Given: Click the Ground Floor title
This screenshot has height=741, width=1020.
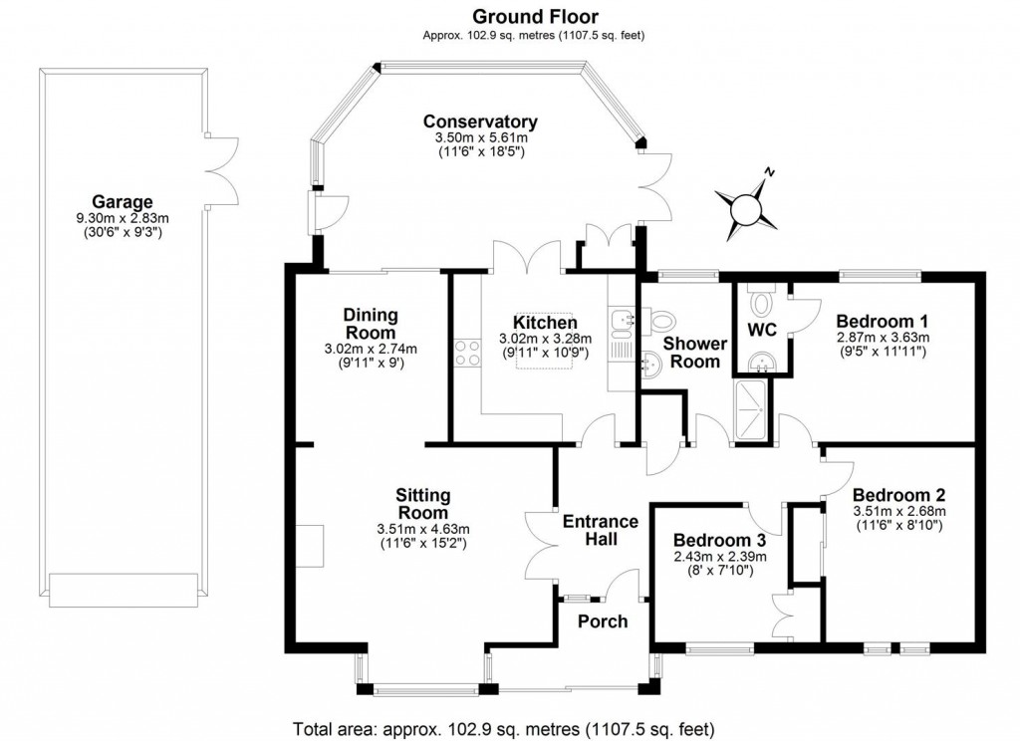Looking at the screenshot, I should point(534,16).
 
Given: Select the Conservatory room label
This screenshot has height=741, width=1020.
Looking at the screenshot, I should point(480,122).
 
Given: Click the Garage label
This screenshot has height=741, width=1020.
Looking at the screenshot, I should point(123,199).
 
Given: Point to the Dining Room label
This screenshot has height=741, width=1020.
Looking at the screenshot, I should point(371,323).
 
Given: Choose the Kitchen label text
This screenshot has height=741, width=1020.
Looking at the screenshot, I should point(545,323).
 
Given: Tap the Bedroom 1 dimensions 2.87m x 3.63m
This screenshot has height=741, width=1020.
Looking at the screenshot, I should point(882,339).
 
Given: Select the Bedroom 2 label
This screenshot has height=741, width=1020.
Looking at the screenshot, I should point(898,495).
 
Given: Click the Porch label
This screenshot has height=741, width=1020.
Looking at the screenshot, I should point(603,621).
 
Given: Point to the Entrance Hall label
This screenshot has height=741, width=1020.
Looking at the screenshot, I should point(601,530).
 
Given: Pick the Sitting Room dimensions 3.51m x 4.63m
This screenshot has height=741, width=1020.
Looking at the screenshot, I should point(423,528).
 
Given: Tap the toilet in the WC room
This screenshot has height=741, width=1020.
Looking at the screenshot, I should point(763,299).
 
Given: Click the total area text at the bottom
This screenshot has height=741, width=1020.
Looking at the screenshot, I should point(503,727).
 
